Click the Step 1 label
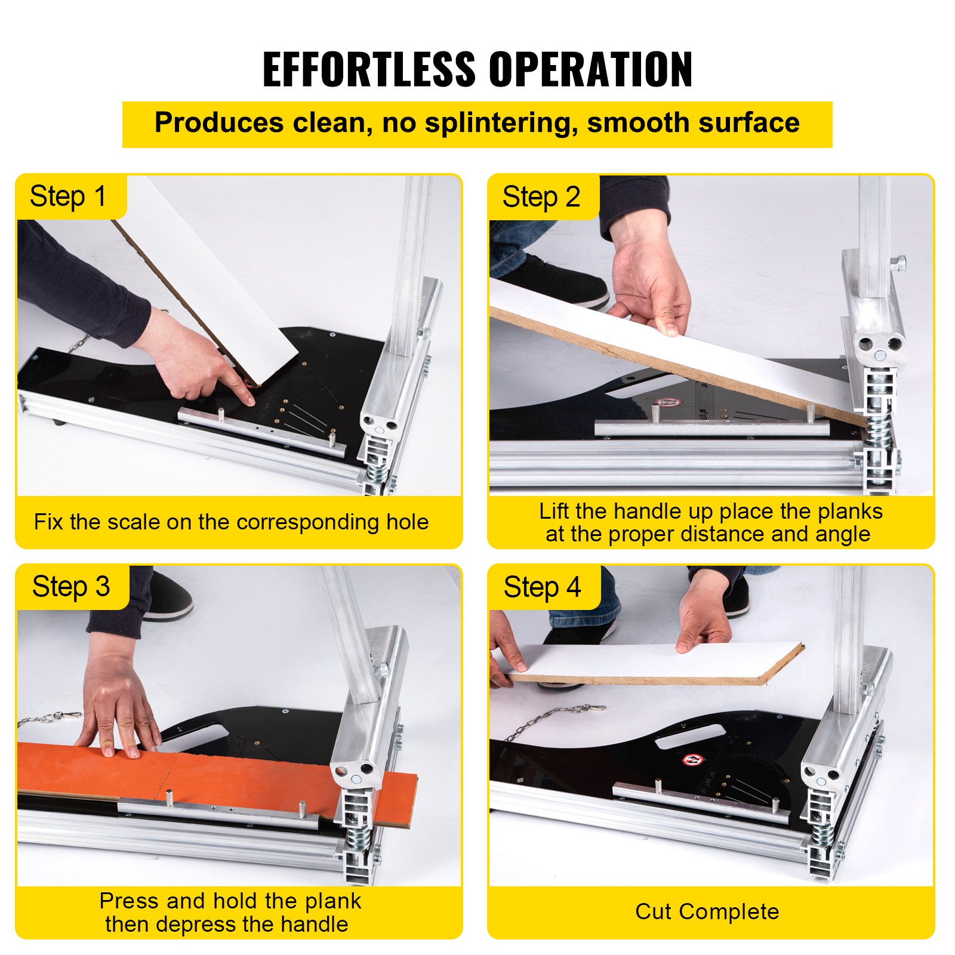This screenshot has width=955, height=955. [x=68, y=197]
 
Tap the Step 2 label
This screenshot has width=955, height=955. [x=541, y=197]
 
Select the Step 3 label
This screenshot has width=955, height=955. [x=70, y=587]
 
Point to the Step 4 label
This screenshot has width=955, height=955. [x=542, y=587]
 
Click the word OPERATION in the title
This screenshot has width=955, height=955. [x=590, y=69]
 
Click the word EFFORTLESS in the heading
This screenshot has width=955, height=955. [x=368, y=69]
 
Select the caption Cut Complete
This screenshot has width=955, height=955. [x=707, y=911]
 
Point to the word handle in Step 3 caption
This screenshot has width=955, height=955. [x=314, y=924]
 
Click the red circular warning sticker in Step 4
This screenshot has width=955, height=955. [x=693, y=760]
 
